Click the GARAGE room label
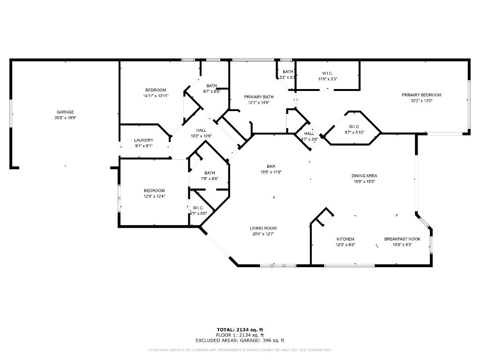click(66, 112)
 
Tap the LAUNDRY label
click(143, 140)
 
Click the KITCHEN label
click(345, 239)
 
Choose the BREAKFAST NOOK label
click(402, 239)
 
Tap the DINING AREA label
click(364, 176)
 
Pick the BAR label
click(271, 166)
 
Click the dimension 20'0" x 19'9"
click(66, 118)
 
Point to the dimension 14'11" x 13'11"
click(156, 96)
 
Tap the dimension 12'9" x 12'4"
click(154, 196)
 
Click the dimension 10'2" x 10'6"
click(201, 136)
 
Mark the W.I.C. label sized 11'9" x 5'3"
click(328, 73)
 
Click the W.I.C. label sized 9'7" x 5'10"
click(353, 127)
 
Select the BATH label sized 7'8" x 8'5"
click(210, 173)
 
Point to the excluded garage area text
click(240, 341)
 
